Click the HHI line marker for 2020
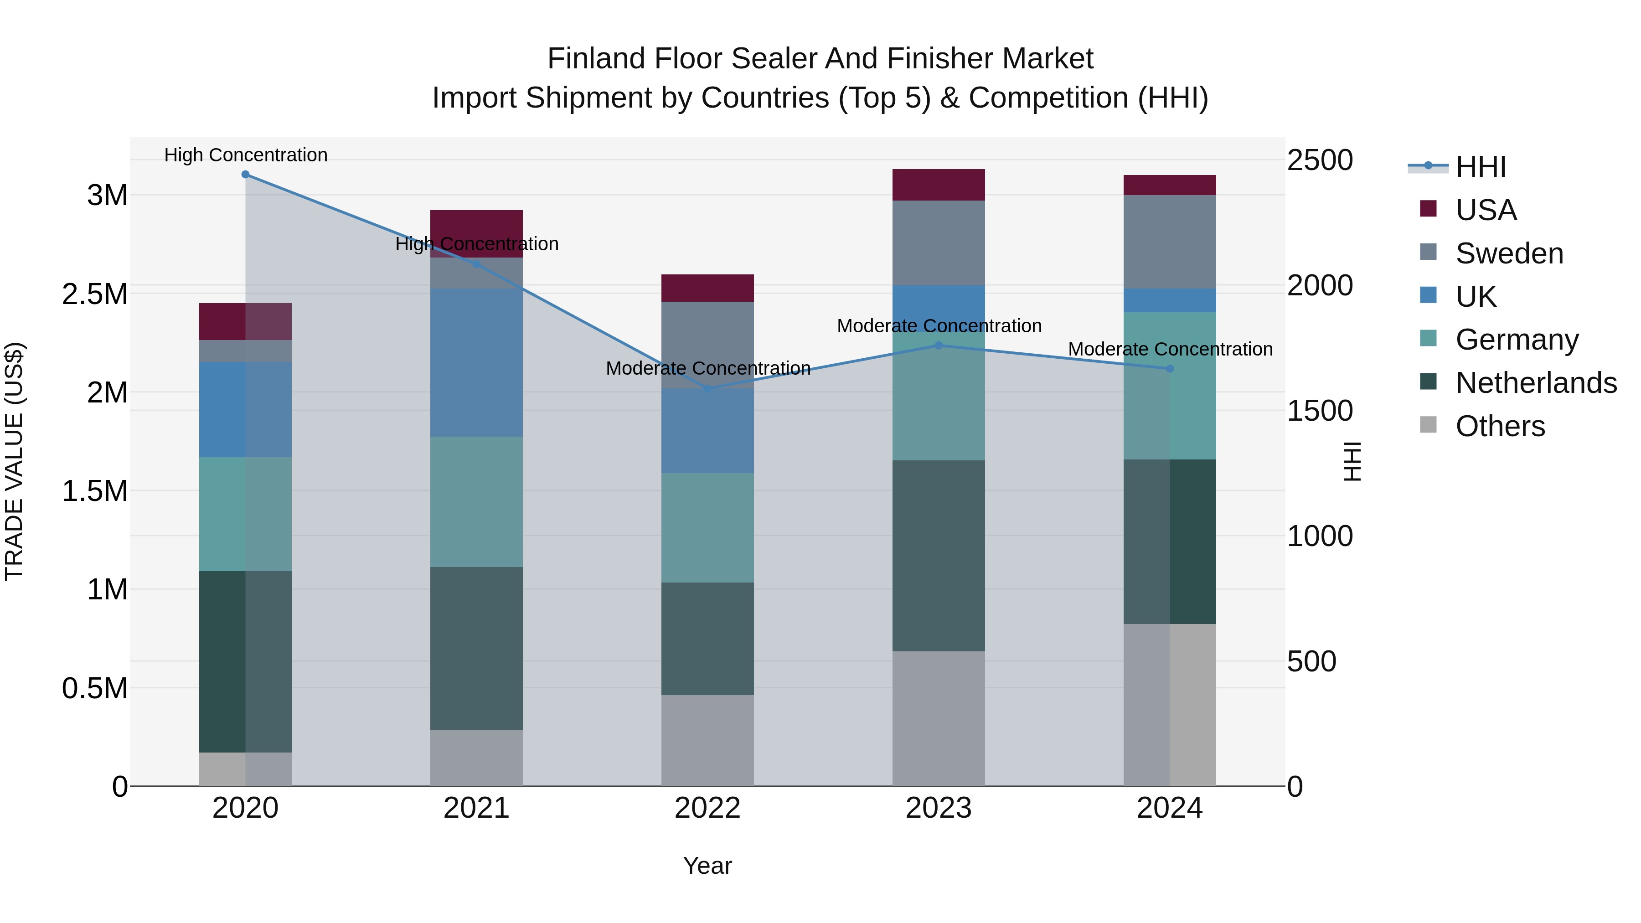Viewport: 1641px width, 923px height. (245, 175)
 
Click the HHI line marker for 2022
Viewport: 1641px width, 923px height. (708, 388)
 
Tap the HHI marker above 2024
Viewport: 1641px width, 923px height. (1170, 369)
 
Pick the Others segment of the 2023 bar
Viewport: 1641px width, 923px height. (939, 718)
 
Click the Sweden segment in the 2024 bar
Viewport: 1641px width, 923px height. (1170, 242)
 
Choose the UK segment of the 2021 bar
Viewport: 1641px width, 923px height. (476, 362)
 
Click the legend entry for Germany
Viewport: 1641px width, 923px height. (1517, 340)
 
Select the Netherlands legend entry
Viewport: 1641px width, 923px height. (1536, 383)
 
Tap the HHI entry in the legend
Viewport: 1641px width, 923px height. (1481, 167)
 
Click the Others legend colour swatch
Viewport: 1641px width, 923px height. (1428, 425)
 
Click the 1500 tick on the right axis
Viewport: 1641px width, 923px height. (1319, 411)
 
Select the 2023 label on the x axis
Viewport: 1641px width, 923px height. (939, 808)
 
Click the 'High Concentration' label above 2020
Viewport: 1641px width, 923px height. (246, 155)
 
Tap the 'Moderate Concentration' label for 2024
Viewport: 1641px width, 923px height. (1170, 349)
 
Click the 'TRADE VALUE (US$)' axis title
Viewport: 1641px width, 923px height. (14, 461)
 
